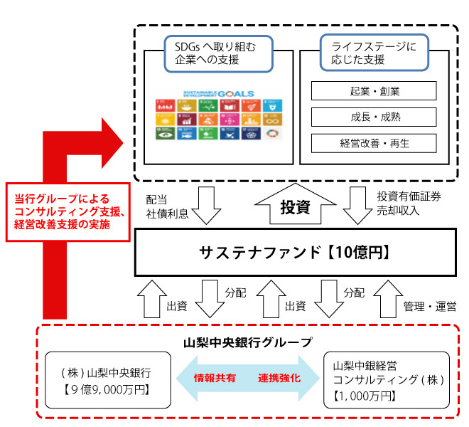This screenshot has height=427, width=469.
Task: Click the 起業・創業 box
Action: (374, 91)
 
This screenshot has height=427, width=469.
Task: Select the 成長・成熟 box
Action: (374, 117)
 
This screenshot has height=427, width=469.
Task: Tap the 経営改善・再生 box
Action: (374, 143)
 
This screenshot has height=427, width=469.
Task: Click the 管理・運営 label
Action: (429, 306)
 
